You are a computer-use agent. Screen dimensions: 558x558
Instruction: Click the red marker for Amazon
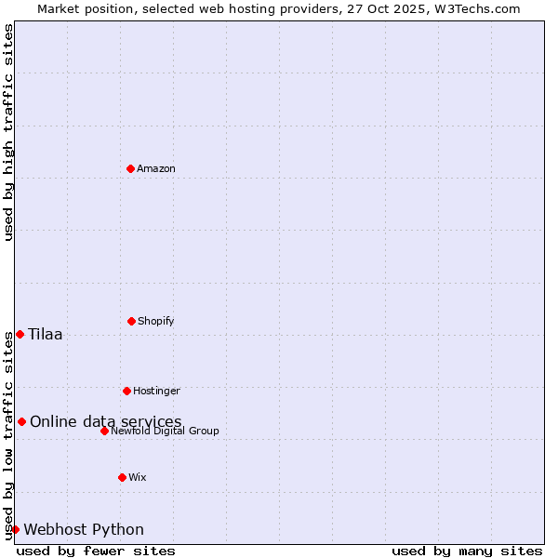point(130,168)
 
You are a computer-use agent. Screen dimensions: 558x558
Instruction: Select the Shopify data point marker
point(131,321)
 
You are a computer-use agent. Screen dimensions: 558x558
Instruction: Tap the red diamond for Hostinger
point(126,391)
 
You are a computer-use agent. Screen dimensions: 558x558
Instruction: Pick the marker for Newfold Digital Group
point(104,431)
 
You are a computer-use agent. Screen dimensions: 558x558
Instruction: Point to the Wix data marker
point(122,477)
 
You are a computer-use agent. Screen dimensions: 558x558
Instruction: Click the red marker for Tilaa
point(20,334)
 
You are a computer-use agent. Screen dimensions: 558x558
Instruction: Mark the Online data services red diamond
point(21,421)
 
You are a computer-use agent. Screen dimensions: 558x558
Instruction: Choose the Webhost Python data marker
point(15,529)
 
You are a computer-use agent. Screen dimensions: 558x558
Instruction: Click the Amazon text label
point(156,168)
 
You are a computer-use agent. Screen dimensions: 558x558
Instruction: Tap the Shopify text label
point(156,321)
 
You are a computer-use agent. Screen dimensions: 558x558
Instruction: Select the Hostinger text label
point(156,391)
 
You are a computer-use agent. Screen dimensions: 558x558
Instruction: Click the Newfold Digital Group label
point(165,431)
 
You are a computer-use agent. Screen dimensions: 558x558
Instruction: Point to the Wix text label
point(138,477)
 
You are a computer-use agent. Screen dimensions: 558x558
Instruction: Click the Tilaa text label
point(46,335)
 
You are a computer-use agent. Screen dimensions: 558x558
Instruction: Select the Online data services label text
point(105,422)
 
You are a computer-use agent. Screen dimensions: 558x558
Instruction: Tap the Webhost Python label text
point(84,530)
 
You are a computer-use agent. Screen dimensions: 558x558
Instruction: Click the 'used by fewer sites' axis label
point(96,551)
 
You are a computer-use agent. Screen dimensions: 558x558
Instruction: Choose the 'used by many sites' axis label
point(467,551)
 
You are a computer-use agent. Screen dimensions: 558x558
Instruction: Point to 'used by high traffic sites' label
point(8,133)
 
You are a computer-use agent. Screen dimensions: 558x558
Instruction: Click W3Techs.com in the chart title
point(474,8)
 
